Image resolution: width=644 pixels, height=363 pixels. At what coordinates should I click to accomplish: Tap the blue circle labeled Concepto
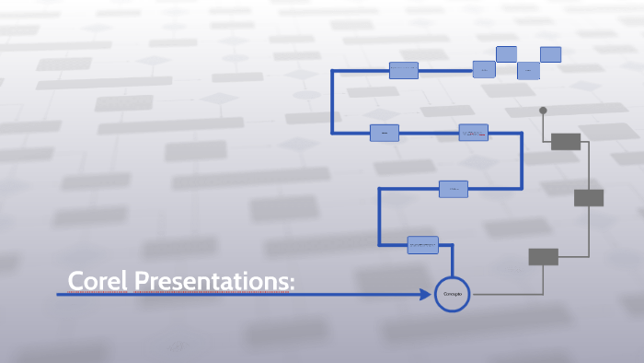tap(452, 294)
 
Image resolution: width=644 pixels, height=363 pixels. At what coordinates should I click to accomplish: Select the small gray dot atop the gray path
tap(543, 111)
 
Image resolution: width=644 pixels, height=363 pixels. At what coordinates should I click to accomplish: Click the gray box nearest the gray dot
tap(565, 141)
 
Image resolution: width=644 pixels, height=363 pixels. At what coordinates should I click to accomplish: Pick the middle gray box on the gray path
tap(589, 197)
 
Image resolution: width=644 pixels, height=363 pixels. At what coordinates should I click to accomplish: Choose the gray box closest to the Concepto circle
tap(543, 256)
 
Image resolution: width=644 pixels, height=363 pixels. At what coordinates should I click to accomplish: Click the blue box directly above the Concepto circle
tap(423, 245)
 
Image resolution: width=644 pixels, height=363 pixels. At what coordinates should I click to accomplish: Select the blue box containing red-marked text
tap(474, 134)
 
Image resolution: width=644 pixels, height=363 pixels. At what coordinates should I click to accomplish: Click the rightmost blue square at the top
tap(551, 54)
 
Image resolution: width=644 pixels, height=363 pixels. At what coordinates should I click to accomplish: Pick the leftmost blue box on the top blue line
tap(403, 70)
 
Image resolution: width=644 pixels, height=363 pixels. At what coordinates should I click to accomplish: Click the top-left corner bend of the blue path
tap(333, 70)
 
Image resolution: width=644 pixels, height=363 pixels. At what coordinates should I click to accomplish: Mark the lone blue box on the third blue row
tap(453, 189)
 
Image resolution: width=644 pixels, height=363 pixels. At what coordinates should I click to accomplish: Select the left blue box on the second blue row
tap(385, 134)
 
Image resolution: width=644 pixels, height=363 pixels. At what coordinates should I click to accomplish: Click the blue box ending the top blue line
tap(484, 69)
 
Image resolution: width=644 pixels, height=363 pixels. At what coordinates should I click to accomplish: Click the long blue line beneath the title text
tap(230, 295)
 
